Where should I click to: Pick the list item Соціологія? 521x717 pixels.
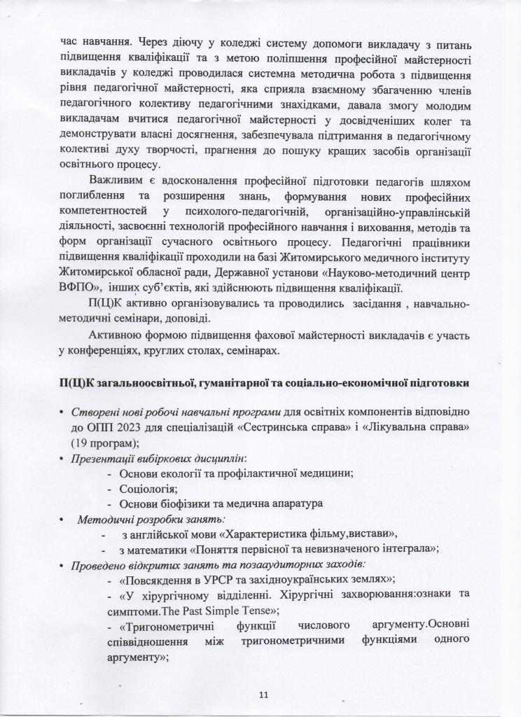tap(148, 488)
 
